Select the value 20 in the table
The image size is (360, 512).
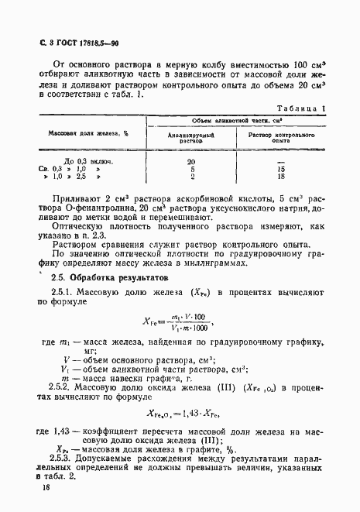click(191, 161)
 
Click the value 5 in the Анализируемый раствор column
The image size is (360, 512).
click(191, 169)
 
